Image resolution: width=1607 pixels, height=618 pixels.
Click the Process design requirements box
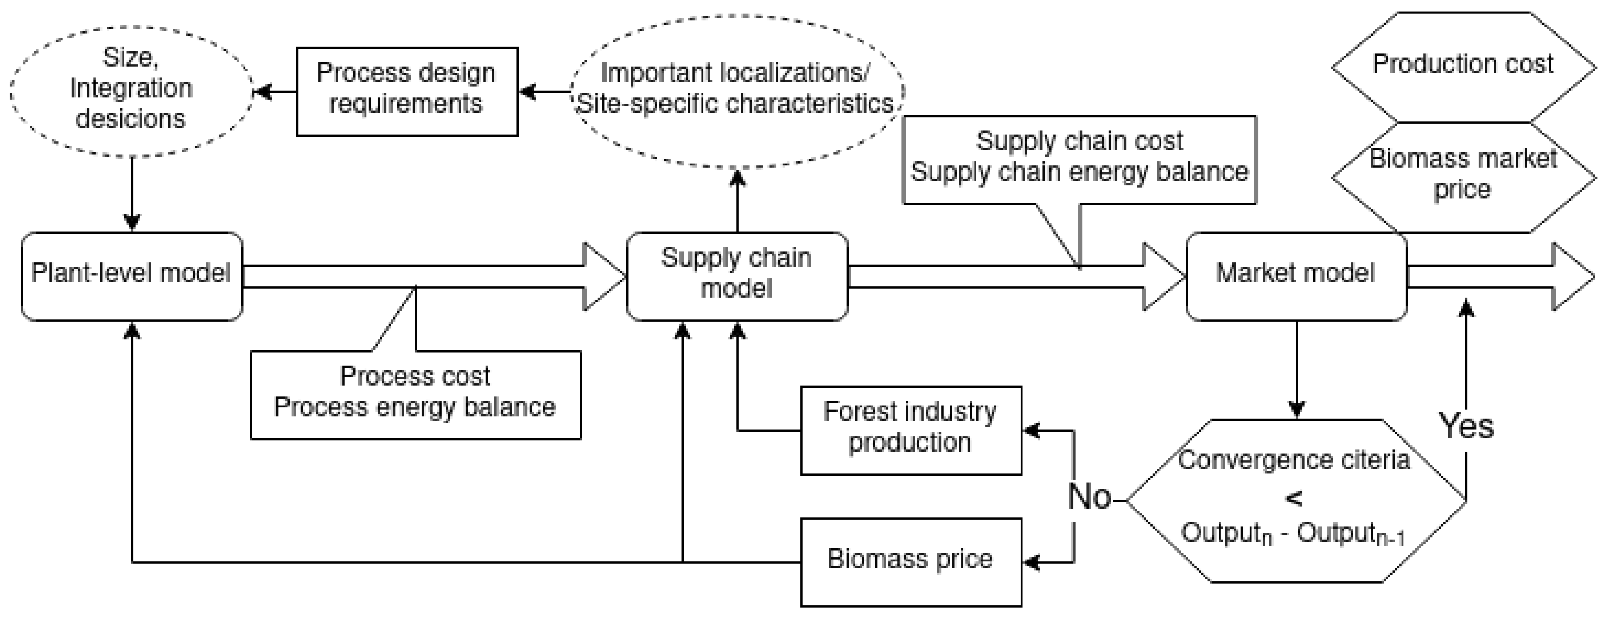(407, 91)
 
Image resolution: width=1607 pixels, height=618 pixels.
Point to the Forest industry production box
(911, 430)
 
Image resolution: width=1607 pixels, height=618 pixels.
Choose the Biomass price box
(911, 561)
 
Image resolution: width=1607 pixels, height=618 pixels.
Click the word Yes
(1466, 426)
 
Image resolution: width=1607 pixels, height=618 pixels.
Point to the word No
(1089, 497)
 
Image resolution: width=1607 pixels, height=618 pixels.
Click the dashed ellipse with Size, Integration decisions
(131, 91)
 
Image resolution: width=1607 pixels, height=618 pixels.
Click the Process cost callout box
(415, 395)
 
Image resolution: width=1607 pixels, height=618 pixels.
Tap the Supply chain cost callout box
(1079, 159)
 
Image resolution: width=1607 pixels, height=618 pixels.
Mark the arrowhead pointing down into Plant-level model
(131, 222)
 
